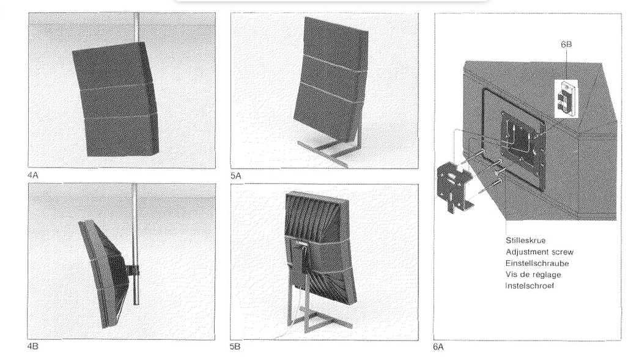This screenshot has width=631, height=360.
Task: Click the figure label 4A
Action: point(32,175)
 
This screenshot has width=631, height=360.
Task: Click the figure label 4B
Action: point(32,347)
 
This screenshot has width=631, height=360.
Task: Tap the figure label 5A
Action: point(235,176)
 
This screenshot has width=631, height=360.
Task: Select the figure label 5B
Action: point(235,347)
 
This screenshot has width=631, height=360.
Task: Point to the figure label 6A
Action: point(438,347)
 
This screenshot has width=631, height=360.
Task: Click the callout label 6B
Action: point(566,44)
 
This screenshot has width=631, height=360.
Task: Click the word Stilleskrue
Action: point(526,241)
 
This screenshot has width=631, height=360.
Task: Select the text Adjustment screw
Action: point(540,252)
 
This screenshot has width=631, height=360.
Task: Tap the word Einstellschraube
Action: point(537,263)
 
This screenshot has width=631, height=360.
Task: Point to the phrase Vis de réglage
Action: point(533,274)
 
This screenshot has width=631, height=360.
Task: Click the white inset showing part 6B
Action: point(566,98)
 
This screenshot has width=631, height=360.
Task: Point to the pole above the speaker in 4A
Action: point(137,28)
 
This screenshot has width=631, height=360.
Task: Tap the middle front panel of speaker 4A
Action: point(117,101)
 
